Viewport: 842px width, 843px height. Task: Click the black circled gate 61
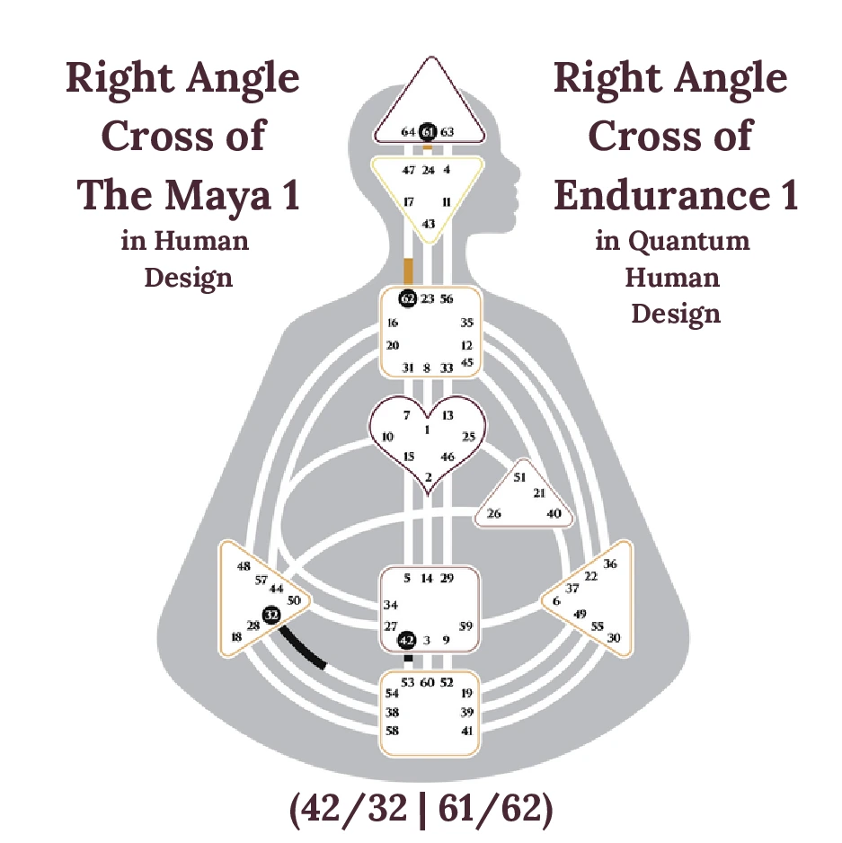pos(428,132)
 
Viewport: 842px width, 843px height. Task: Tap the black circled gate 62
pos(408,298)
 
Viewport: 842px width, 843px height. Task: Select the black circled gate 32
pos(270,615)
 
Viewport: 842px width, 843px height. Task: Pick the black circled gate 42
pos(407,640)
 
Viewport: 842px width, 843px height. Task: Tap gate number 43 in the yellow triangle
pos(429,224)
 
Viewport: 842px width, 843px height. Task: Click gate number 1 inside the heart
pos(427,430)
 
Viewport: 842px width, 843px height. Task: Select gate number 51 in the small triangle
pos(518,477)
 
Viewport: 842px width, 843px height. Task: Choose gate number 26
pos(493,514)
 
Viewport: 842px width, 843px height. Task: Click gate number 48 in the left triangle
pos(244,566)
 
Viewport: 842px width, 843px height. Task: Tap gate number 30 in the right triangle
pos(615,637)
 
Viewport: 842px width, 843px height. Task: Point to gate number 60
pos(428,683)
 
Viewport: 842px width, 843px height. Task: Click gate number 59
pos(465,626)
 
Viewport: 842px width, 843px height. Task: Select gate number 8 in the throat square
pos(427,368)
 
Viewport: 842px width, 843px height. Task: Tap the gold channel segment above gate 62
pos(408,270)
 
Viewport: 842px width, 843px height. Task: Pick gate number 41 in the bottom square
pos(466,731)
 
